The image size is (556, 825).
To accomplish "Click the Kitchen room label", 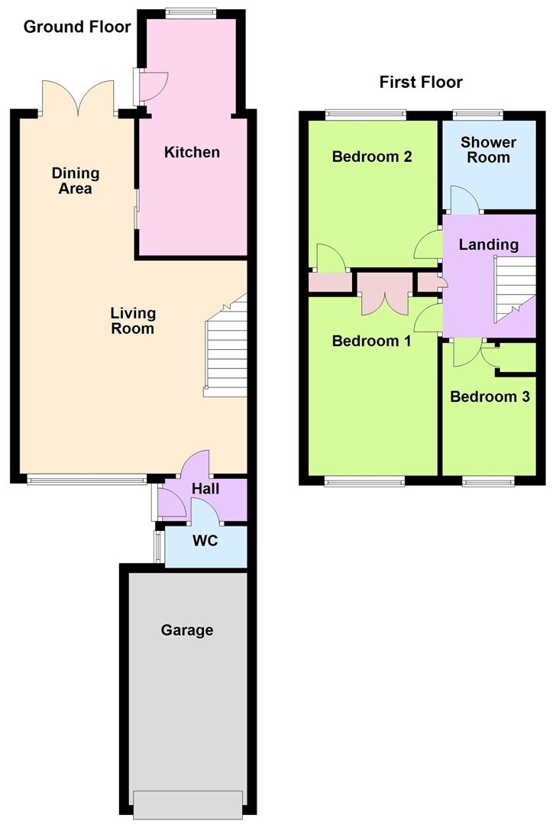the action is [192, 152].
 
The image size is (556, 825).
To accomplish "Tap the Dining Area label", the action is [76, 180].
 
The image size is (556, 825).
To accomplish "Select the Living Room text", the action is [133, 321].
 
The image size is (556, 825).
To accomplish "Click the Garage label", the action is [187, 629].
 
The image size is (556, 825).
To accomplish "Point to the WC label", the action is [205, 540].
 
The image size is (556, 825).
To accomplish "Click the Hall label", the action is [205, 489].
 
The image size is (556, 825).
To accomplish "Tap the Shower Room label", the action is [489, 150].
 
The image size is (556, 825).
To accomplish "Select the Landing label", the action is [489, 244].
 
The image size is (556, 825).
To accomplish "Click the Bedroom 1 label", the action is [372, 341].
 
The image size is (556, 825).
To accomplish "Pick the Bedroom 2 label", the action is [372, 157].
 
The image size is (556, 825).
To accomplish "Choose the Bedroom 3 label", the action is [490, 396].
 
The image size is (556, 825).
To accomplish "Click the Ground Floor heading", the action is [77, 27].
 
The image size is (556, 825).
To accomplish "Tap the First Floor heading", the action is [421, 82].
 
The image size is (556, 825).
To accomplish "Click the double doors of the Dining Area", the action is [78, 98].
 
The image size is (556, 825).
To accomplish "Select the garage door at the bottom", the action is [188, 805].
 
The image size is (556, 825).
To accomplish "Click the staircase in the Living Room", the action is [225, 348].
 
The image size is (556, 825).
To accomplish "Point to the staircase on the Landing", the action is [514, 289].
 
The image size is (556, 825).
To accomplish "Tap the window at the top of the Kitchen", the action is [190, 13].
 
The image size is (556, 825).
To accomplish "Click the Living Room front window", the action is [87, 479].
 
